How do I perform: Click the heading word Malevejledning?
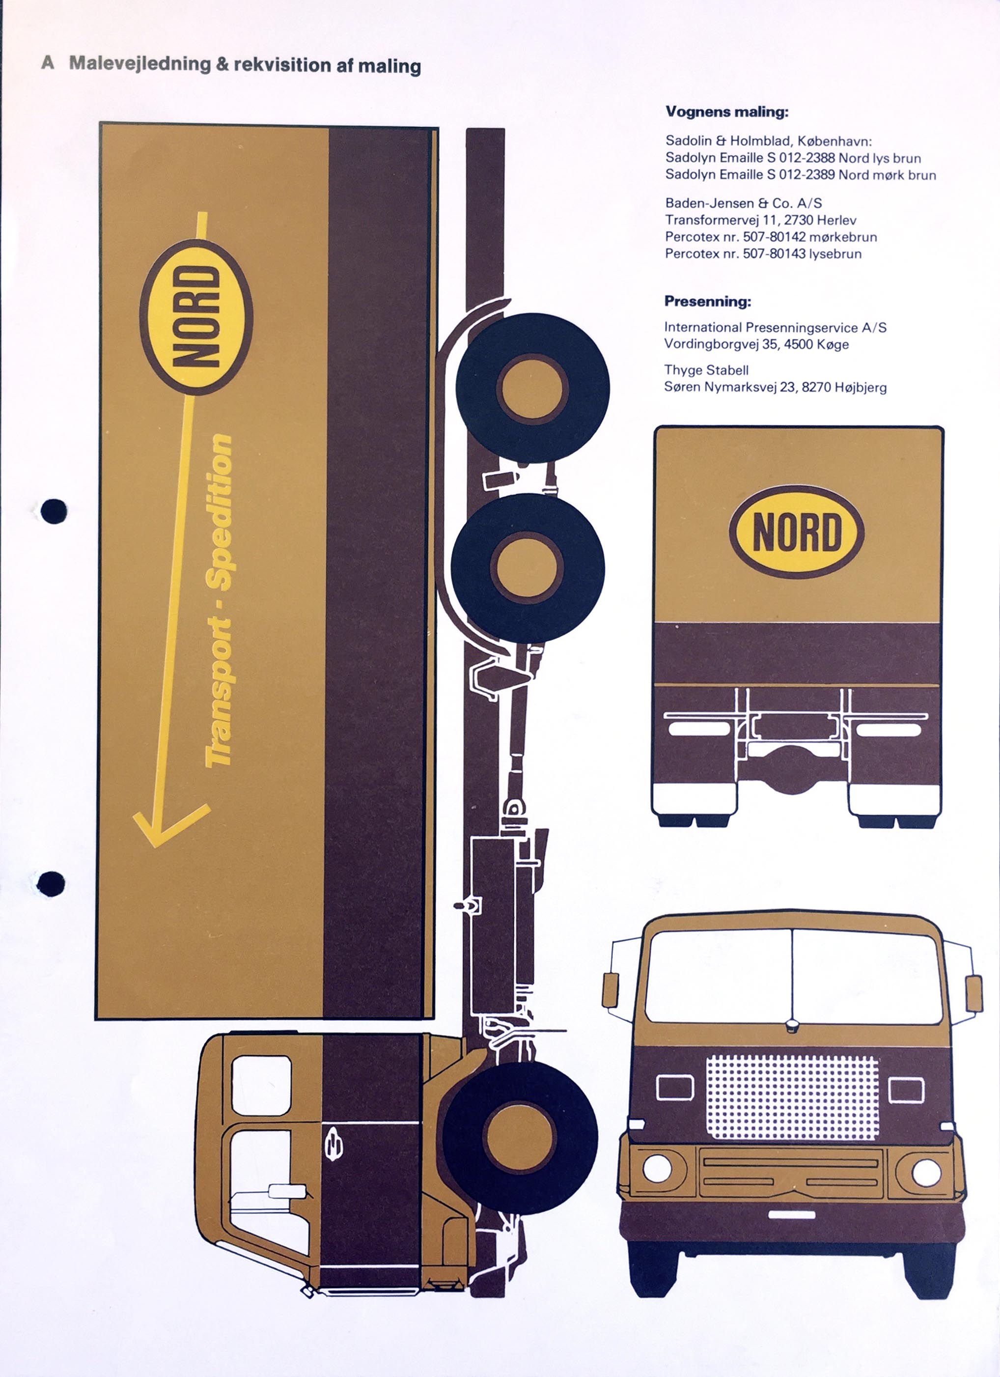pyautogui.click(x=139, y=64)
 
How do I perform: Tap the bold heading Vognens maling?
pyautogui.click(x=727, y=112)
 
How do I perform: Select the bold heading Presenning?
pyautogui.click(x=707, y=301)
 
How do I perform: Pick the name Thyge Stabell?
pyautogui.click(x=706, y=370)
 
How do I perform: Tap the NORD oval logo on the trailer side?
pyautogui.click(x=195, y=316)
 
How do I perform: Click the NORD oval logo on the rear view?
pyautogui.click(x=797, y=531)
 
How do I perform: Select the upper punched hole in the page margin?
pyautogui.click(x=54, y=511)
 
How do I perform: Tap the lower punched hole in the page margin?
pyautogui.click(x=51, y=884)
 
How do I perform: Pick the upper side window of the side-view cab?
pyautogui.click(x=262, y=1086)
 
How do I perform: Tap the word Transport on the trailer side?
pyautogui.click(x=219, y=693)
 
